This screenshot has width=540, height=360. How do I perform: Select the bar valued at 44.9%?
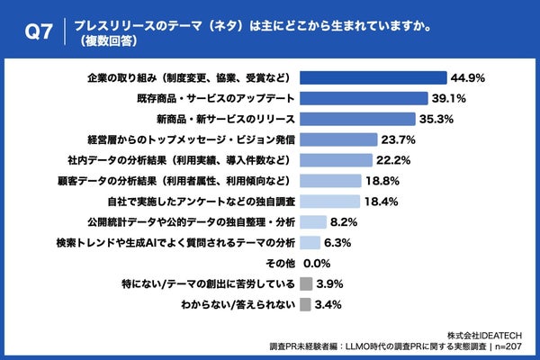coord(373,76)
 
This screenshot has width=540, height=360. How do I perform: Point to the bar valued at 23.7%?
coord(338,139)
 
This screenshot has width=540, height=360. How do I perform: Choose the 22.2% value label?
coord(393,159)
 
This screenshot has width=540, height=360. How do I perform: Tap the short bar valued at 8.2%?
coord(311,221)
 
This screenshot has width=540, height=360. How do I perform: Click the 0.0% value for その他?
coord(319,263)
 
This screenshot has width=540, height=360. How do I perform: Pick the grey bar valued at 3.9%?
coord(305,283)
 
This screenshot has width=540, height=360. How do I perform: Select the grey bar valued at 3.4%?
coord(304,304)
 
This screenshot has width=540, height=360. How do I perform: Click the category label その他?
coord(280,263)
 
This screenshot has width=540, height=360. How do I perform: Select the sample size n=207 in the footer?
coord(513,346)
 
